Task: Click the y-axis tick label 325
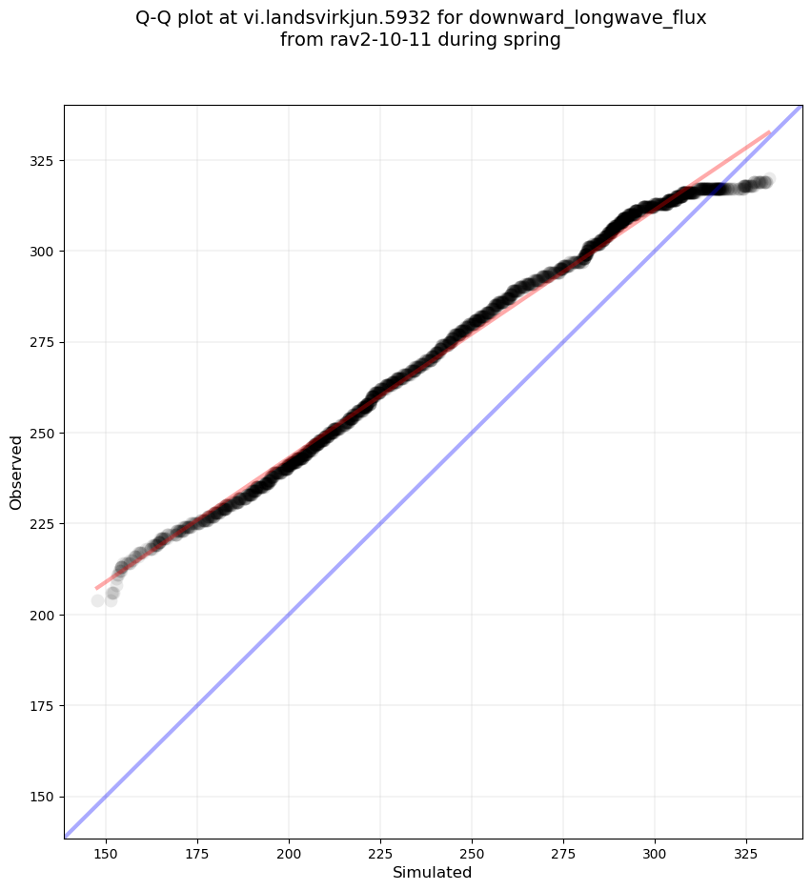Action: (42, 160)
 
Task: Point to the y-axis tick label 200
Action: (42, 615)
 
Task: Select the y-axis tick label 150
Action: (42, 797)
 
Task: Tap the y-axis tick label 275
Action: (42, 342)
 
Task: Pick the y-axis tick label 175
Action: (42, 706)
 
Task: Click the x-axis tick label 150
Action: (105, 852)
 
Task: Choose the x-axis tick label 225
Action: (380, 852)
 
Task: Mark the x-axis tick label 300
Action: (655, 852)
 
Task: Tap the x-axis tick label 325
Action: (746, 852)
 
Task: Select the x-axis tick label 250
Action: (472, 852)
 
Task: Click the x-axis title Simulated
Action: (433, 872)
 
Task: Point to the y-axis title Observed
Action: (16, 472)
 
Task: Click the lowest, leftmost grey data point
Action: (97, 600)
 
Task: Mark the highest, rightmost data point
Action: (767, 179)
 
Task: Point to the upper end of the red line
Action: (769, 132)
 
